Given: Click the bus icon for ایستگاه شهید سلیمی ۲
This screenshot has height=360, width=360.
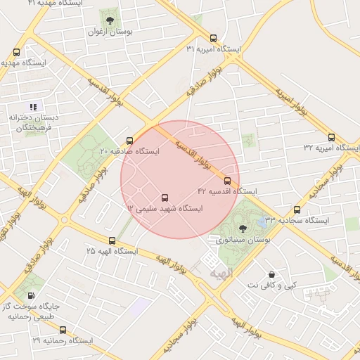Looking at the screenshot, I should tap(165, 198).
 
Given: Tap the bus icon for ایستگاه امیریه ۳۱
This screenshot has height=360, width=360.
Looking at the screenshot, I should tap(214, 39).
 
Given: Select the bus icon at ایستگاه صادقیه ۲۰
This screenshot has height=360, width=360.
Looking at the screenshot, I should tap(129, 140).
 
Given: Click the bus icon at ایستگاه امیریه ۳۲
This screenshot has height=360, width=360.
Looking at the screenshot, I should tap(331, 137).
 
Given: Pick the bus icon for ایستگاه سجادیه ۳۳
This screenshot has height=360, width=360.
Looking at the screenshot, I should tap(297, 210).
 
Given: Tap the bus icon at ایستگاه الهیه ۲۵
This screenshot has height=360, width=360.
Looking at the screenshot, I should tap(112, 240).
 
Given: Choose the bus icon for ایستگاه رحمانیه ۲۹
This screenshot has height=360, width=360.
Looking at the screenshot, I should tap(63, 330).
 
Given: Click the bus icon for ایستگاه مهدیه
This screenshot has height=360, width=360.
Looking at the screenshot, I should tap(16, 52).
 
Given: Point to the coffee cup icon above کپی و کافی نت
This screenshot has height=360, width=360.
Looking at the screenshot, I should tap(271, 274).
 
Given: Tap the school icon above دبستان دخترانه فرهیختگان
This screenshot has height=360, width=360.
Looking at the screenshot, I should tap(33, 107).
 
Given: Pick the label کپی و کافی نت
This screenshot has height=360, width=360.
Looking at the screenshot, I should tap(271, 286).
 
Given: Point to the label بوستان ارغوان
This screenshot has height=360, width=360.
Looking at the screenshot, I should tap(110, 32).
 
